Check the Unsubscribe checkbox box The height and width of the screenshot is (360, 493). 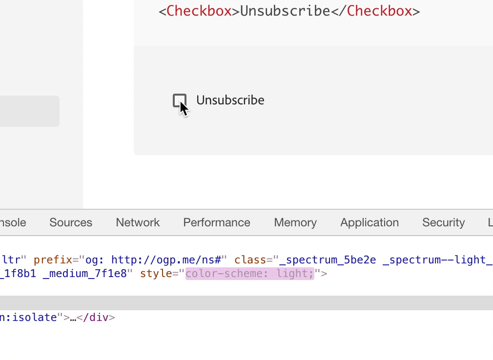180,100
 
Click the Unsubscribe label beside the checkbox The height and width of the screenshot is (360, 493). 230,100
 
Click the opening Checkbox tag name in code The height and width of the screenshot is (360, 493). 199,11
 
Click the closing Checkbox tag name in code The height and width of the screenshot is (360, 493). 379,11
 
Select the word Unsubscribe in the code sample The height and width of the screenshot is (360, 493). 285,11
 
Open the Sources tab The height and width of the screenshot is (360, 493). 71,222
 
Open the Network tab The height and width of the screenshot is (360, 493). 138,222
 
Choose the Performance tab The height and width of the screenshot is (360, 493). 217,222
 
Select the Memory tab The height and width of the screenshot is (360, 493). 295,222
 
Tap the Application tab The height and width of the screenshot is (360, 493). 370,222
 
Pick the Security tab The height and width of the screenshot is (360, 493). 443,222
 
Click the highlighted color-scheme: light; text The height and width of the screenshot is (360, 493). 249,274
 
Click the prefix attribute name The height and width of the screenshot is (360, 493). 53,260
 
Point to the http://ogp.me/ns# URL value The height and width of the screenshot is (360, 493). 166,260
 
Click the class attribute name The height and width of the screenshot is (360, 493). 250,260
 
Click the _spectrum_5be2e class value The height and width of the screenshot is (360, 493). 328,260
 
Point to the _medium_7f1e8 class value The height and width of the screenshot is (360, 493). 84,274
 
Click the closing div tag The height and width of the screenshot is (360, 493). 96,317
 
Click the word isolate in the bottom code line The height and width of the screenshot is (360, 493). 35,317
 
